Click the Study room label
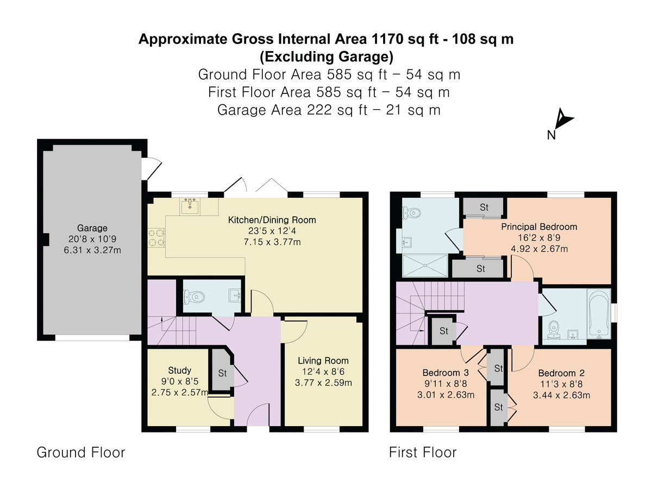click(x=179, y=371)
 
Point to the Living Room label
click(x=323, y=361)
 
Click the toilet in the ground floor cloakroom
click(x=195, y=297)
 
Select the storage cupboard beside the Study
click(x=222, y=373)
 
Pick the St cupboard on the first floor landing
click(x=443, y=330)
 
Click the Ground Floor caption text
click(x=80, y=452)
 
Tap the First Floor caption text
click(x=423, y=452)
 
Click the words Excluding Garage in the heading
click(x=325, y=56)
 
